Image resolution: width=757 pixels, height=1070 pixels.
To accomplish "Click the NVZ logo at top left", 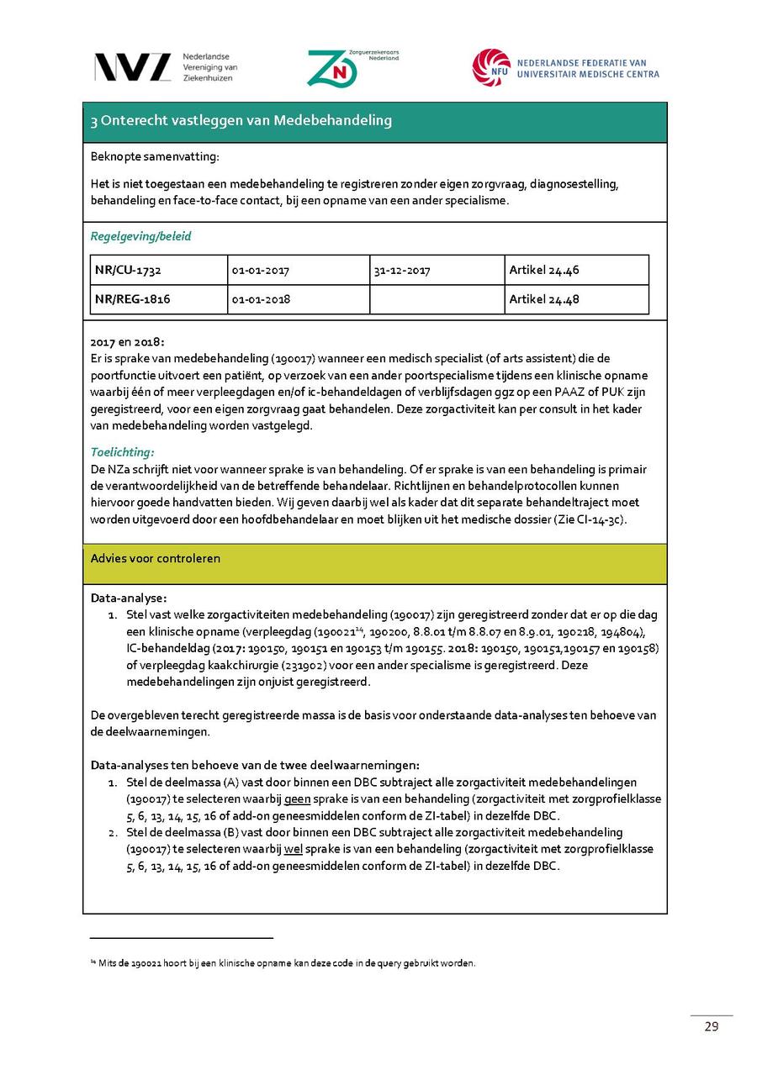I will click(x=132, y=67).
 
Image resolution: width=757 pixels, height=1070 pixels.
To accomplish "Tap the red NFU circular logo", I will click(x=491, y=67).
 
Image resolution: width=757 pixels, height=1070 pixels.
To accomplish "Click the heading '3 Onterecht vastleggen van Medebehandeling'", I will click(x=241, y=121).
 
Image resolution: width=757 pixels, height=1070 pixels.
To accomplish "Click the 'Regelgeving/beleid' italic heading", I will click(x=140, y=236).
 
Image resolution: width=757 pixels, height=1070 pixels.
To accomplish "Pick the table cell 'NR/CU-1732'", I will click(x=128, y=271).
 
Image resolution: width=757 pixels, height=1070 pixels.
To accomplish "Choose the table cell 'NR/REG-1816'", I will click(x=132, y=299).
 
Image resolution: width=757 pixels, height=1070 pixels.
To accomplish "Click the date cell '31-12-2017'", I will click(x=401, y=271).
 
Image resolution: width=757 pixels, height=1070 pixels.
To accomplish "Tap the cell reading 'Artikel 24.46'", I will click(x=543, y=271).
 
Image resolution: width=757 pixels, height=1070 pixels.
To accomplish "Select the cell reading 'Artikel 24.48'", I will click(x=543, y=299).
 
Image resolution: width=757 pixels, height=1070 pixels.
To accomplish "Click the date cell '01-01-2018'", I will click(x=261, y=299).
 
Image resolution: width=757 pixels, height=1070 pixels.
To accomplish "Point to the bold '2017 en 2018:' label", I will click(x=128, y=342).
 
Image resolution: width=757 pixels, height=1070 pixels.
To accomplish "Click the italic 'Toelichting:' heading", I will click(x=122, y=452).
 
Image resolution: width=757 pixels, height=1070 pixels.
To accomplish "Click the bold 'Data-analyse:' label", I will click(x=129, y=598).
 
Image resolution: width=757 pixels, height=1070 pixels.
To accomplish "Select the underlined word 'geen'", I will click(x=298, y=799).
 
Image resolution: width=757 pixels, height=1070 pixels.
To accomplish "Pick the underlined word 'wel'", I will click(x=294, y=849).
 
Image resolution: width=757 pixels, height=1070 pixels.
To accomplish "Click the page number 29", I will click(x=712, y=1026).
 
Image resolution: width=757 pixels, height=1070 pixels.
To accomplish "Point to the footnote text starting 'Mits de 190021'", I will click(x=286, y=963).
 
